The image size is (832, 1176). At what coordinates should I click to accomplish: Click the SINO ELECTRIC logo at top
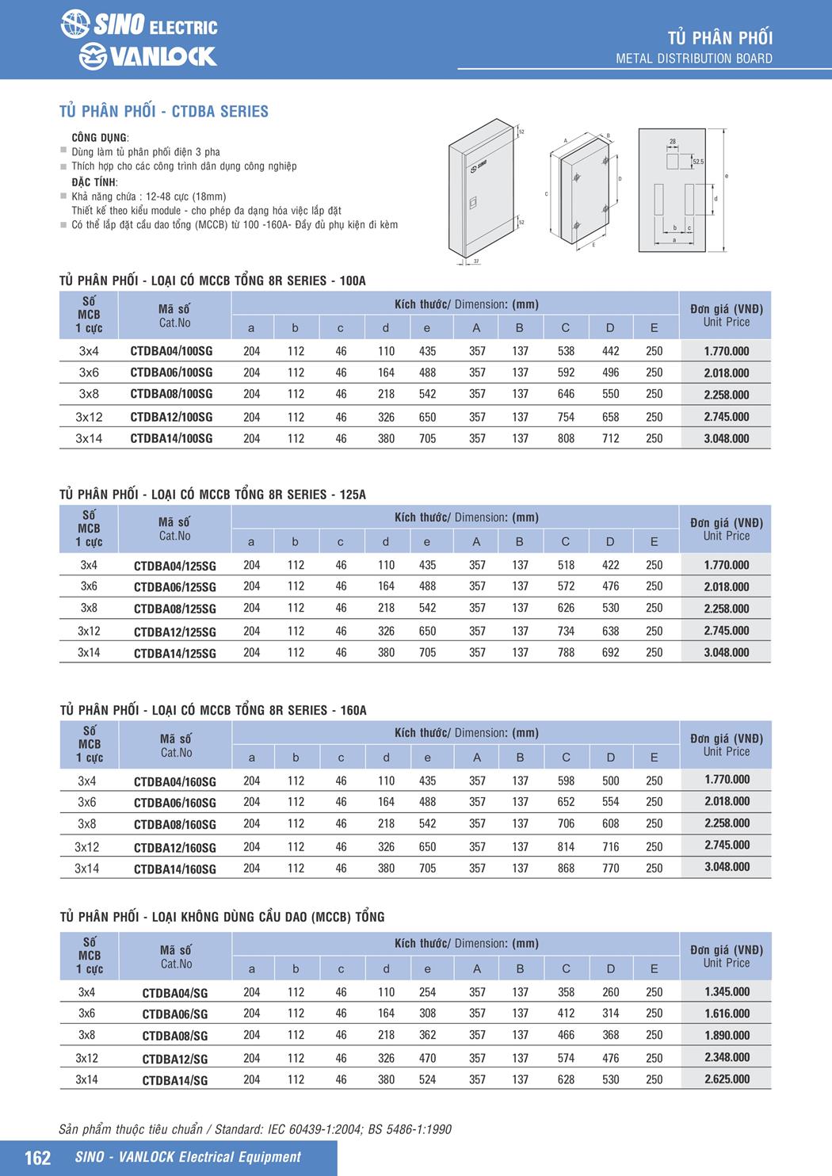tap(139, 25)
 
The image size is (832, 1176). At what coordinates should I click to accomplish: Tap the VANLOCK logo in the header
tap(147, 56)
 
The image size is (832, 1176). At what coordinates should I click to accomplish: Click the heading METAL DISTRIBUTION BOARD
tap(693, 59)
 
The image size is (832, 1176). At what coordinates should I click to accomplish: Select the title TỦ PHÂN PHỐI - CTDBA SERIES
tap(164, 112)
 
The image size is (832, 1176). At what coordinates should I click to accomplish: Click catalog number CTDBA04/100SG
tap(171, 351)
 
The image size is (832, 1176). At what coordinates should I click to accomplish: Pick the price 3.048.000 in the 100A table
tap(726, 438)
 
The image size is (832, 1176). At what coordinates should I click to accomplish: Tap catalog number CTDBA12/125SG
tap(174, 632)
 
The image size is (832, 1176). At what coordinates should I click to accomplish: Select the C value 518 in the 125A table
tap(566, 565)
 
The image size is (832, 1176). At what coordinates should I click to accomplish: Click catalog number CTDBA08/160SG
tap(174, 824)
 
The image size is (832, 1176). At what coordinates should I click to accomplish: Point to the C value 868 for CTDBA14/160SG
tap(566, 869)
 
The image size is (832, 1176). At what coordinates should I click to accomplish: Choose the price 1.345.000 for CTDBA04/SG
tap(727, 992)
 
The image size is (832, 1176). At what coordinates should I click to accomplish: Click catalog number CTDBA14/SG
tap(174, 1079)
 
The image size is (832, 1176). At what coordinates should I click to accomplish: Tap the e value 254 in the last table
tap(427, 992)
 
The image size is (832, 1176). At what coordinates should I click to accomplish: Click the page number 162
tap(37, 1158)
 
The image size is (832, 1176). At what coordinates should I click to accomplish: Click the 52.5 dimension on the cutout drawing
tap(697, 162)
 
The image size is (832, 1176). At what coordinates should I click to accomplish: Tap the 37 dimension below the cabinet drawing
tap(475, 261)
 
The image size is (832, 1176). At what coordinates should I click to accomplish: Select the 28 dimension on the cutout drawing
tap(673, 143)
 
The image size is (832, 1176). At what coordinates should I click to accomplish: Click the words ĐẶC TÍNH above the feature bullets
tap(94, 182)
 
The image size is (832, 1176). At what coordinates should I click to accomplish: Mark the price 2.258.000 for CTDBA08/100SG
tap(726, 395)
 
